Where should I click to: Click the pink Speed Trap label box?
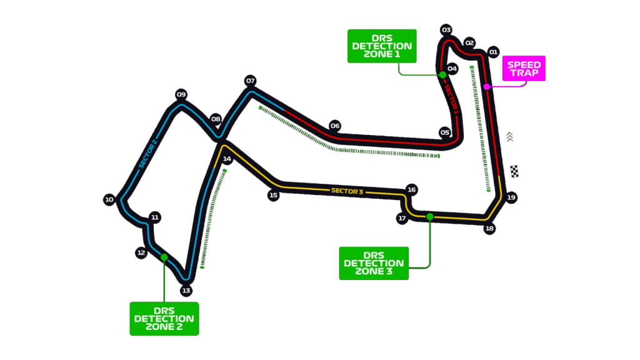[524, 68]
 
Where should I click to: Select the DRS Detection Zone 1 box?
[382, 46]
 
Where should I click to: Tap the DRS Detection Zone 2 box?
[164, 318]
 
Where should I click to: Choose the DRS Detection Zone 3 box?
[374, 263]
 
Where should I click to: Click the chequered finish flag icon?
[514, 171]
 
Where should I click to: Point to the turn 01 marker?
[493, 52]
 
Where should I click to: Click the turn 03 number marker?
[446, 30]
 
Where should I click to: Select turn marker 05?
[444, 132]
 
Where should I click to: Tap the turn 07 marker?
[251, 81]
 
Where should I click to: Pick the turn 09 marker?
[181, 95]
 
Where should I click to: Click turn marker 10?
[109, 200]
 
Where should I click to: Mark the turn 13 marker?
[186, 290]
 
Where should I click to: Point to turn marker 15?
[273, 195]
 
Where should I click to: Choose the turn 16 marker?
[411, 189]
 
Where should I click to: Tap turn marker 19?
[511, 197]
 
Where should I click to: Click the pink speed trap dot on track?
[487, 86]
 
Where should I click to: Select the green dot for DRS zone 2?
[164, 257]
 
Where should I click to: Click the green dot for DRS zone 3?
[430, 217]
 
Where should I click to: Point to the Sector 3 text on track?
[347, 191]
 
